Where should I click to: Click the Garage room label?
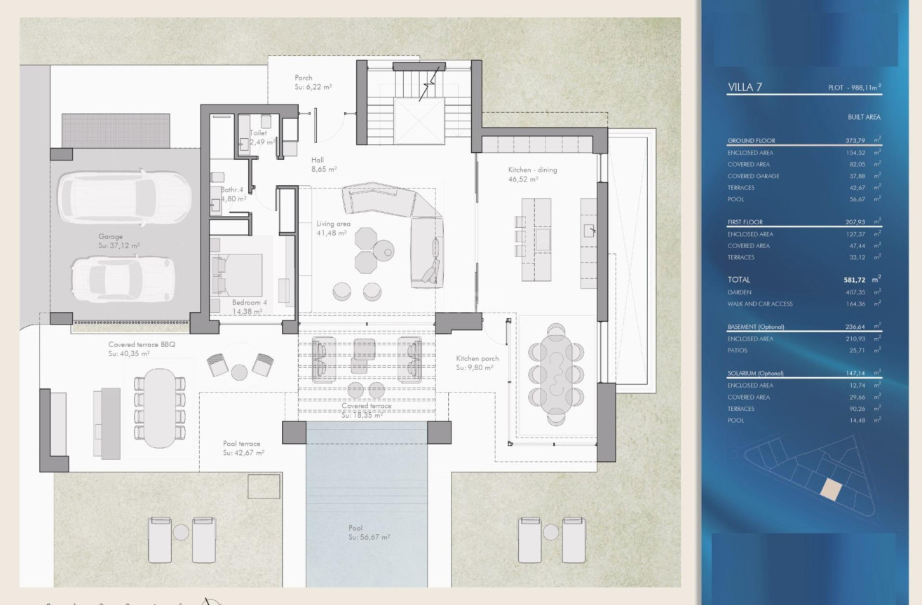click(110, 237)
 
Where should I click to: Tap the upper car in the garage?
click(124, 196)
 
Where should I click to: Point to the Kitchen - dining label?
click(532, 170)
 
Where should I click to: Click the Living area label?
click(334, 224)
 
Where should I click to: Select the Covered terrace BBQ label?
click(139, 345)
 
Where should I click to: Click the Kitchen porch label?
click(477, 358)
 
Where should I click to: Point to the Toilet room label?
click(258, 132)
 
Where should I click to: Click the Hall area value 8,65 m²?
click(324, 169)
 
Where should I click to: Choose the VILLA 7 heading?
click(745, 88)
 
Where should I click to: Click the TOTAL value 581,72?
click(857, 280)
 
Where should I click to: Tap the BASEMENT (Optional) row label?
click(756, 327)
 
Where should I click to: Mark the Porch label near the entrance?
click(304, 78)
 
